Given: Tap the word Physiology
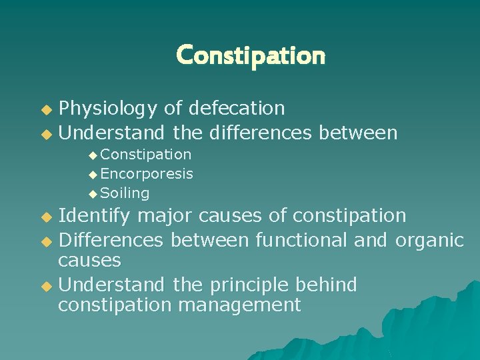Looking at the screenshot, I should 107,108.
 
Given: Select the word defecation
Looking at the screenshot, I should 237,108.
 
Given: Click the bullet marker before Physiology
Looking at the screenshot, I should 46,109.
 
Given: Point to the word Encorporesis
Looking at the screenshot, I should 147,174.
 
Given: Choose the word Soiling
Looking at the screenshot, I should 125,193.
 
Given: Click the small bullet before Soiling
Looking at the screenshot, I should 93,194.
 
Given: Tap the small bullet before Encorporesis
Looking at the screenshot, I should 93,175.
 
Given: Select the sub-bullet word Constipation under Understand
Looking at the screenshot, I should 146,155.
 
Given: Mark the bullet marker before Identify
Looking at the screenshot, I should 46,217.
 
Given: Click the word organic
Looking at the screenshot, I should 429,239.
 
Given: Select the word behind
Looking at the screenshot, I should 329,285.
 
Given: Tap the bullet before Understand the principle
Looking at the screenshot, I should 46,286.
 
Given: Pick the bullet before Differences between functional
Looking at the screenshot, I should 46,241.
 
